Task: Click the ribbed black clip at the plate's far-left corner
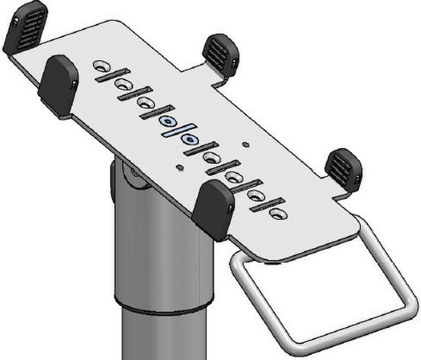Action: click(x=25, y=27)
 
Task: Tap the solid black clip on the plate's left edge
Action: click(x=59, y=85)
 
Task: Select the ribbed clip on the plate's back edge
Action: click(x=221, y=55)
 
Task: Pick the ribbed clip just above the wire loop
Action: click(x=344, y=167)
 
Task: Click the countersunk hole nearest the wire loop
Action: click(x=277, y=214)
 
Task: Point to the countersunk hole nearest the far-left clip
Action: click(x=101, y=65)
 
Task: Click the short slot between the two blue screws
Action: click(x=179, y=131)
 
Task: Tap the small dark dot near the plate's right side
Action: click(x=245, y=145)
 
